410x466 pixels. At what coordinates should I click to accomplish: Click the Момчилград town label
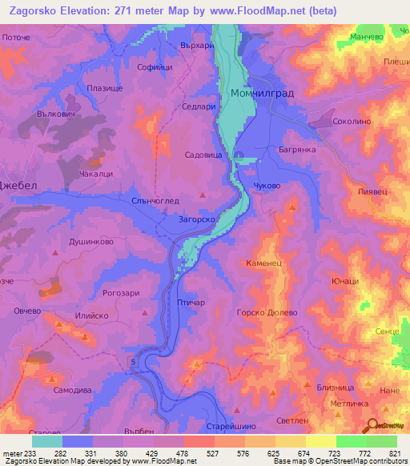[262, 94]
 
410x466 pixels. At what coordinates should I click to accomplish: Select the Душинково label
[90, 240]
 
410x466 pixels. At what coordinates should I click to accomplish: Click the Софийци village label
[155, 68]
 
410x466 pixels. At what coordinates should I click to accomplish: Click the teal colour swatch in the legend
[46, 441]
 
